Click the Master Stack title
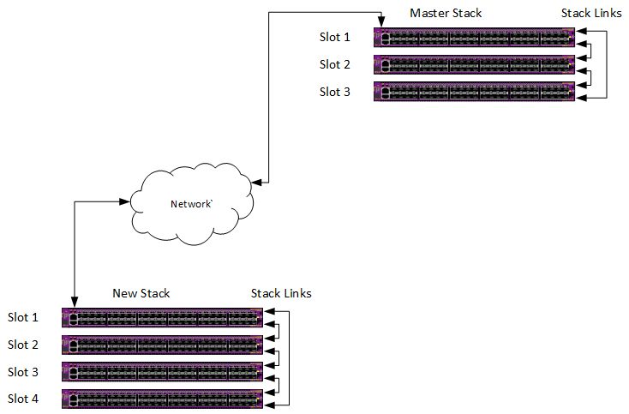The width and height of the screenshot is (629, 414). (446, 13)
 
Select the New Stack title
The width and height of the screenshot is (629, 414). (141, 293)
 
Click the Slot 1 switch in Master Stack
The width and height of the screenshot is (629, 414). (474, 38)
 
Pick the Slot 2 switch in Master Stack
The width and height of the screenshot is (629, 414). (474, 65)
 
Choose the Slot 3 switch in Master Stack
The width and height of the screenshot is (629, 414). (474, 93)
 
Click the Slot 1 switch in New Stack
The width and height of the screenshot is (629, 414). (163, 318)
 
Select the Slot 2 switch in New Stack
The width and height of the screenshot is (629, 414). (163, 345)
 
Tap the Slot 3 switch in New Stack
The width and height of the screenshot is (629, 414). (163, 372)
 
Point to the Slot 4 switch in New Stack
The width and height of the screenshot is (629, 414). (163, 399)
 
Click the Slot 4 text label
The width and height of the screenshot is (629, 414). (23, 399)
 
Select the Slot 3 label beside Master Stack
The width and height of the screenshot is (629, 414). (335, 92)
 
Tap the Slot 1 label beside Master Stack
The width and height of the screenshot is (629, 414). (335, 37)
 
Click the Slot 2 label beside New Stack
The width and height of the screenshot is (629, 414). (23, 345)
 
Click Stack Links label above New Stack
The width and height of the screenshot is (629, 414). (281, 293)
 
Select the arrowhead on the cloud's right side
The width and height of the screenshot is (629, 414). (255, 182)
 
